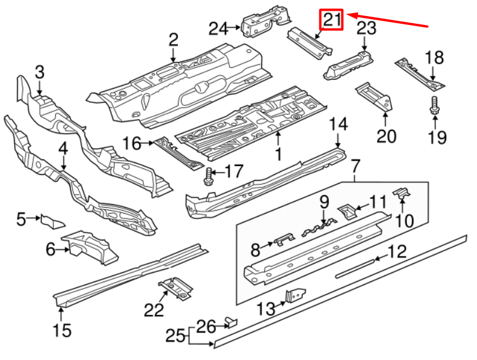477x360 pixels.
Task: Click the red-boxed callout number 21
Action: tap(332, 21)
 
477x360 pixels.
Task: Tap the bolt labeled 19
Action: tap(434, 106)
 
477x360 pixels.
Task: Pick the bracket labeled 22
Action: tap(175, 288)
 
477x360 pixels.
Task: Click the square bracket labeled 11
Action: tap(347, 209)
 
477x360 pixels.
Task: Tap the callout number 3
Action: tap(39, 73)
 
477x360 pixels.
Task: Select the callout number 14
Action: tap(338, 124)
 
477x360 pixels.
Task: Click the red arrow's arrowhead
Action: tap(350, 14)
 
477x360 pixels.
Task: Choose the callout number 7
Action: tap(355, 165)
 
